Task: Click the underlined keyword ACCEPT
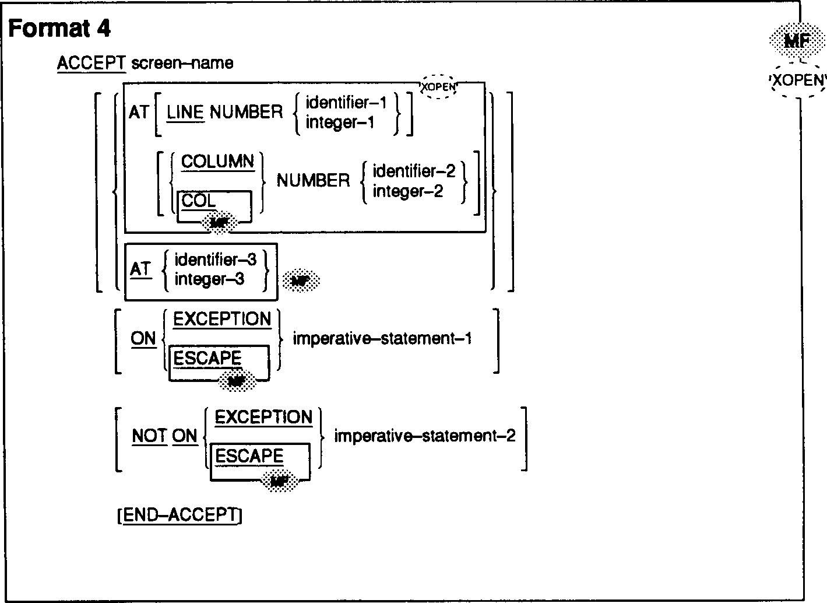click(x=92, y=63)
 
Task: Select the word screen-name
click(x=182, y=63)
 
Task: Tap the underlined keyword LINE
click(x=185, y=112)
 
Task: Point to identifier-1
click(x=346, y=103)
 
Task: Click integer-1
click(x=339, y=122)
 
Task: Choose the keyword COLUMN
click(x=218, y=162)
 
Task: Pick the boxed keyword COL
click(x=199, y=201)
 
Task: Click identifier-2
click(x=414, y=171)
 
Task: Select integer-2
click(x=407, y=191)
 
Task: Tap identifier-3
click(x=216, y=260)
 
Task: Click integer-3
click(x=209, y=279)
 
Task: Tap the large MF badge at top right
click(x=797, y=41)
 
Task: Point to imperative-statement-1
click(x=382, y=338)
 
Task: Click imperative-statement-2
click(x=424, y=436)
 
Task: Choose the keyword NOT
click(x=150, y=436)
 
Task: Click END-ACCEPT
click(x=180, y=516)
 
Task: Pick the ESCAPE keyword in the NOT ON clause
click(x=249, y=456)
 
